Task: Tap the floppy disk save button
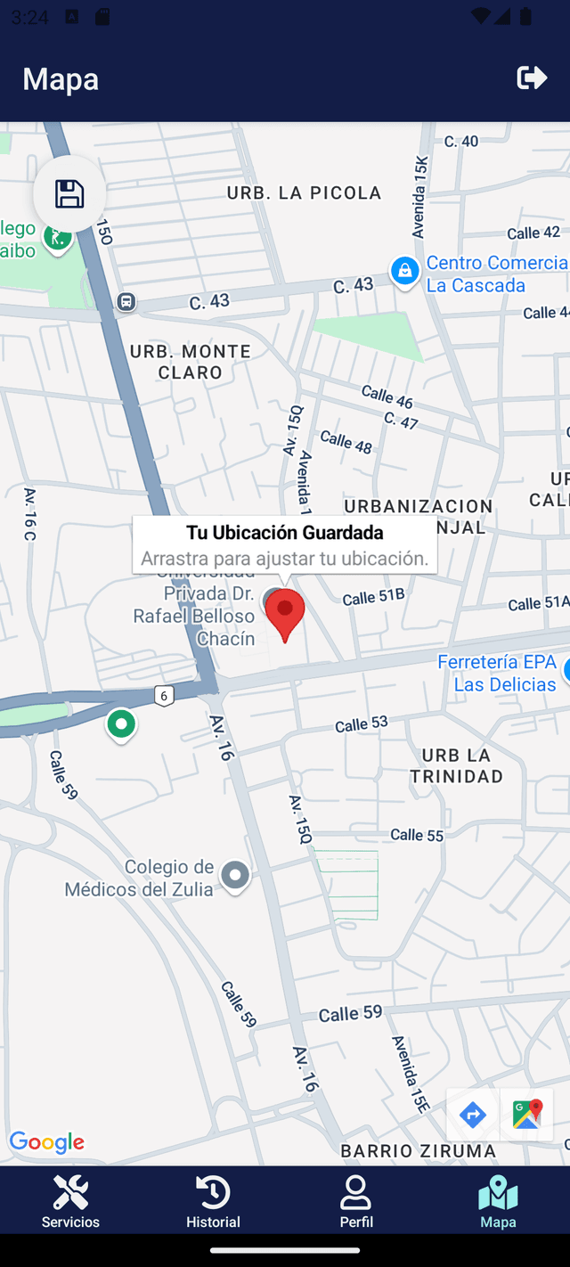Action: coord(69,193)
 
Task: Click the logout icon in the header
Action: coord(532,78)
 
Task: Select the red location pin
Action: coord(285,613)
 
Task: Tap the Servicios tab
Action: coord(70,1201)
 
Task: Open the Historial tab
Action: coord(213,1201)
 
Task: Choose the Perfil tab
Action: coord(356,1201)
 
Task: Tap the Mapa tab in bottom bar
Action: coord(498,1201)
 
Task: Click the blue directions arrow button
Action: coord(472,1115)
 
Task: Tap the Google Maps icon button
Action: coord(526,1115)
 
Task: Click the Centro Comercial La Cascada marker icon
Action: coord(404,271)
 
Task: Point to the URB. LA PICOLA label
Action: coord(304,192)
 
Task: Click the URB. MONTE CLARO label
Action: coord(191,362)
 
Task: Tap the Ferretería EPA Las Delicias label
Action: coord(497,674)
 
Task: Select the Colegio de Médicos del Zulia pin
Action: coord(235,876)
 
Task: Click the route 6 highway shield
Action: coord(163,696)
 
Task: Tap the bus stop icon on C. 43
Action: coord(126,302)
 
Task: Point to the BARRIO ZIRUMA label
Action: coord(419,1150)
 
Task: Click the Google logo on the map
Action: coord(47,1142)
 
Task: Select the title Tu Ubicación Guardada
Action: coord(285,533)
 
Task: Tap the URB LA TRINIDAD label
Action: coord(456,765)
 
